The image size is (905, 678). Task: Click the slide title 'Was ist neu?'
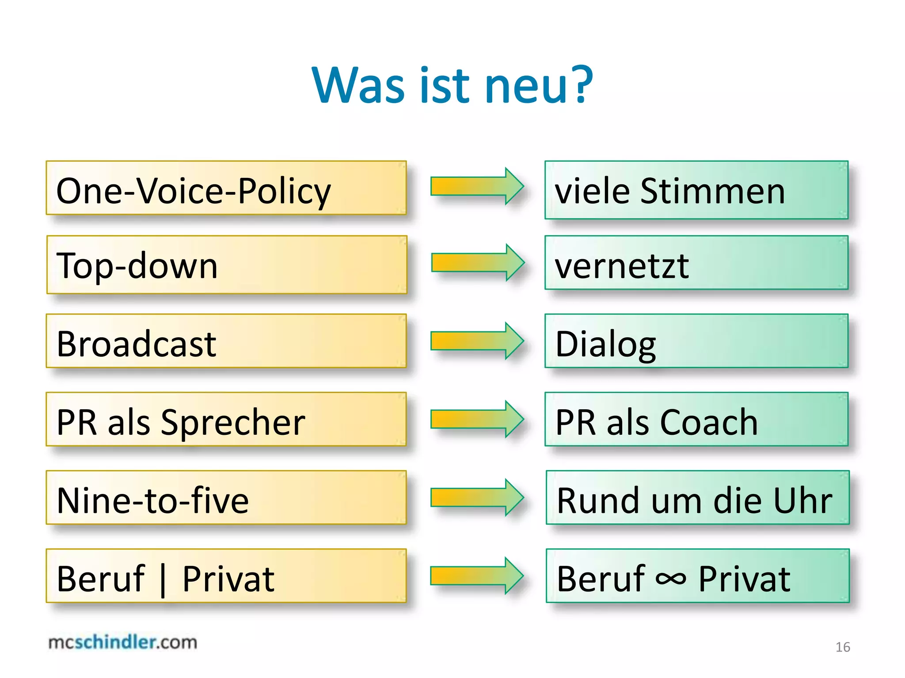pos(452,85)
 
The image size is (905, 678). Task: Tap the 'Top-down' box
pos(226,265)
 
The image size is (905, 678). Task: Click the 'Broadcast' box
pos(226,341)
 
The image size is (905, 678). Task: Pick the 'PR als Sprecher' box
pos(226,419)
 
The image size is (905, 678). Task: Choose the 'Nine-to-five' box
pos(226,498)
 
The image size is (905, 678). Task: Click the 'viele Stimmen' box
pos(696,190)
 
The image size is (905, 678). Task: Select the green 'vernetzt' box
pos(696,263)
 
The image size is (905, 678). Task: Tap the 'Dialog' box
pos(696,341)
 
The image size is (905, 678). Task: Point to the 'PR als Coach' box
pos(696,419)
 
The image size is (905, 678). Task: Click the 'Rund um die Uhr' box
pos(697,498)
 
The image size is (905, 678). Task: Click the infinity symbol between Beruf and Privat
pos(671,578)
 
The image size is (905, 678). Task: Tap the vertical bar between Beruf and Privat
pos(164,579)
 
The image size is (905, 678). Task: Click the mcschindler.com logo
pos(123,642)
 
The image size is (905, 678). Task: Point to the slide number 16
pos(843,647)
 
